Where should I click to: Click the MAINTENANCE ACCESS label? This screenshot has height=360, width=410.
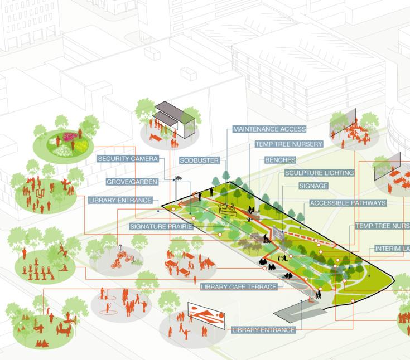[269, 129]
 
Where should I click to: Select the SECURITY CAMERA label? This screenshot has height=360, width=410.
[128, 159]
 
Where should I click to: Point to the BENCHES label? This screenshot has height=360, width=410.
[280, 160]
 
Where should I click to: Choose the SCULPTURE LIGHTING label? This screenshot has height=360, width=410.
[319, 173]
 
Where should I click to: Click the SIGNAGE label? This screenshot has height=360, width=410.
[313, 186]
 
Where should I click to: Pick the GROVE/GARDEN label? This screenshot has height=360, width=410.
[132, 182]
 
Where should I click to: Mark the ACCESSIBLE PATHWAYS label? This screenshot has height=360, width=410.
[347, 203]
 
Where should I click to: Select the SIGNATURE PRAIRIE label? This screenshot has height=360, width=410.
[161, 227]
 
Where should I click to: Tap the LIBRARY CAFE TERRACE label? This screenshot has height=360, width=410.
[239, 287]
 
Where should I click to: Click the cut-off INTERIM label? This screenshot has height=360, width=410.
[392, 249]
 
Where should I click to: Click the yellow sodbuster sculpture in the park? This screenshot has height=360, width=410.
[228, 210]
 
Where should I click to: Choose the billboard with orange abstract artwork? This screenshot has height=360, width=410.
[206, 315]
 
